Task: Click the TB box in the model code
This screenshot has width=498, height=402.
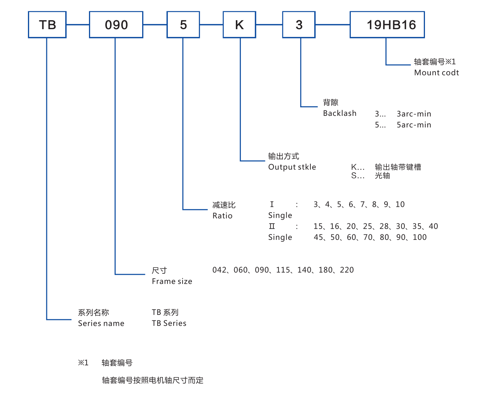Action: point(47,25)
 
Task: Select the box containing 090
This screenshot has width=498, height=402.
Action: point(116,25)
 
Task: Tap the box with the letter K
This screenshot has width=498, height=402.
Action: point(239,25)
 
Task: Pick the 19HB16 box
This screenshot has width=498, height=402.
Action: point(387,25)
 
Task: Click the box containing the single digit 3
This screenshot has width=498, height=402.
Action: point(299,25)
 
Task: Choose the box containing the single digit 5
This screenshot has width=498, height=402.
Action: point(183,25)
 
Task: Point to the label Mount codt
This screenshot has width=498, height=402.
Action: point(436,73)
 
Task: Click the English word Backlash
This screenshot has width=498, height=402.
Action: point(340,113)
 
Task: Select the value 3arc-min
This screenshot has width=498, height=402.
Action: point(414,114)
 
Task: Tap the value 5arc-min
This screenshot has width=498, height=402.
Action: point(414,125)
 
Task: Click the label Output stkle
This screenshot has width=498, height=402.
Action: point(292,167)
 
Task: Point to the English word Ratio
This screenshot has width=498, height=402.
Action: point(222,216)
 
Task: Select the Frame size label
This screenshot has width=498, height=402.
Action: point(172,281)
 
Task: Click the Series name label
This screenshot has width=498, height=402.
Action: point(101,323)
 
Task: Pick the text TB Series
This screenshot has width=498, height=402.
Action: point(169,323)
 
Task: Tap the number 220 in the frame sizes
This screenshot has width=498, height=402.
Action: point(347,270)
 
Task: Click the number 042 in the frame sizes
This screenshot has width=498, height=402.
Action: point(219,270)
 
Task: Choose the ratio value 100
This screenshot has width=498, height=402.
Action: point(420,237)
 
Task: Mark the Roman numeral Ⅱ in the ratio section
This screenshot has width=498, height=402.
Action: point(272,226)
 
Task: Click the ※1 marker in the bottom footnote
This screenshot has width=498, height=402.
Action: point(83,363)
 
